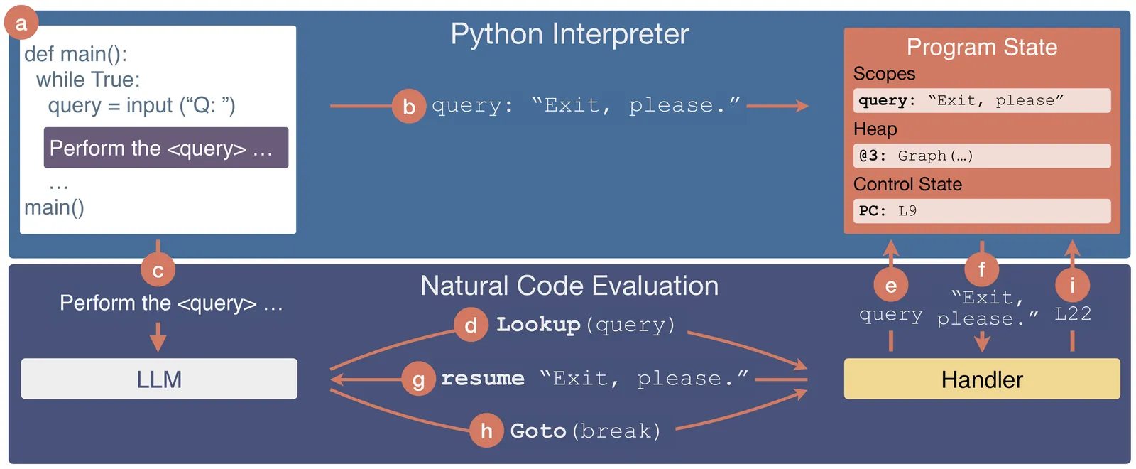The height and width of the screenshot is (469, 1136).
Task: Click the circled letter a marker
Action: [x=21, y=23]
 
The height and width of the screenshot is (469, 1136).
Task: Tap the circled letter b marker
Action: [x=409, y=106]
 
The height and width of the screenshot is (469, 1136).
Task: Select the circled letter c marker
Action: [x=158, y=270]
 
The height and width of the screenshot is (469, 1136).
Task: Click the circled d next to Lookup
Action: [x=471, y=325]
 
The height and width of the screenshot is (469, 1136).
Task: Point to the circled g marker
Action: [x=419, y=379]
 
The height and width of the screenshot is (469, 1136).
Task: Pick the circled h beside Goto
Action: [x=486, y=431]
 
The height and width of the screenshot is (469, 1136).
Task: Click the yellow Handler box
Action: [x=982, y=379]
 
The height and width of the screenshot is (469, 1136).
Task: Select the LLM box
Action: [x=159, y=379]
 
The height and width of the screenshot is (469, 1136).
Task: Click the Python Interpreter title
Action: [x=569, y=34]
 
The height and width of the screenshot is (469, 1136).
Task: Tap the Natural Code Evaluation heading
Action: [x=569, y=286]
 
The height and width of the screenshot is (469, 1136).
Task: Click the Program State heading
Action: [x=982, y=47]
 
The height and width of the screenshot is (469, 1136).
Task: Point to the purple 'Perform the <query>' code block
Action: [x=166, y=148]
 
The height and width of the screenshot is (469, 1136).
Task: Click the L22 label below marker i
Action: [x=1073, y=313]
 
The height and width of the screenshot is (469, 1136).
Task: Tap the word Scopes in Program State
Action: [x=884, y=74]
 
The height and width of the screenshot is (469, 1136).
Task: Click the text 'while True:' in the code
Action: [x=88, y=80]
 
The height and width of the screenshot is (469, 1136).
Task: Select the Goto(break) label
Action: [x=585, y=431]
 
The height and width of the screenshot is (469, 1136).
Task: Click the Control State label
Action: [x=907, y=184]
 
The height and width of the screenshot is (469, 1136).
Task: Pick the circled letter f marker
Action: [x=982, y=269]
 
